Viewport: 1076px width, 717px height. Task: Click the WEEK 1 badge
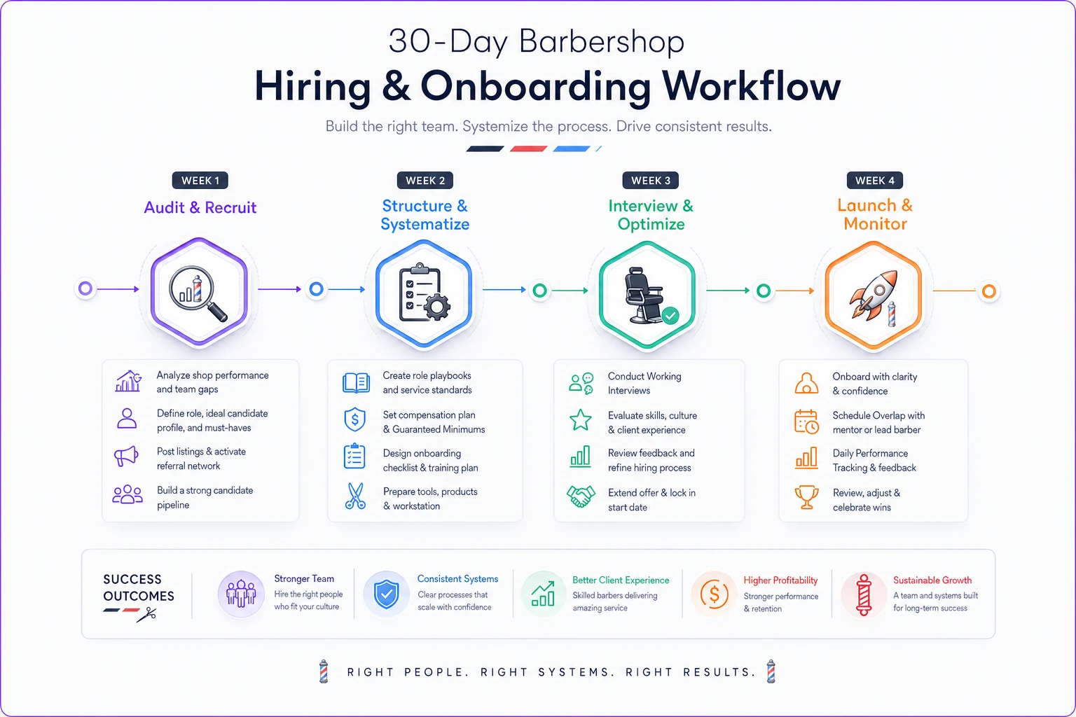(200, 181)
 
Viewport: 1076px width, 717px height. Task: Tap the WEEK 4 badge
(874, 181)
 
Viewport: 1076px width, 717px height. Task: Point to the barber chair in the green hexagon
(645, 295)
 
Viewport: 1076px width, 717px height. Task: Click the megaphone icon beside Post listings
(126, 456)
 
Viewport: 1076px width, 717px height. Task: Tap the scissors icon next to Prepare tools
(355, 496)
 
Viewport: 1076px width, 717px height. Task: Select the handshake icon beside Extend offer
(581, 496)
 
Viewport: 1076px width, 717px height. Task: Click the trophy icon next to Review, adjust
(806, 498)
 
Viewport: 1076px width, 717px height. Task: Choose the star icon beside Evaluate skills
(580, 419)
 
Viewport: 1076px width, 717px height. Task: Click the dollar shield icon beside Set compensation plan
(355, 419)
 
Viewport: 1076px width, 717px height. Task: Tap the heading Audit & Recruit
(200, 207)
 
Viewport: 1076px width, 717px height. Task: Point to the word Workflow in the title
(751, 86)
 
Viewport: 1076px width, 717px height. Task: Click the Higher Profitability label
(780, 580)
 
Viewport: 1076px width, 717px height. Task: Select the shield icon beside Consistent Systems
(386, 594)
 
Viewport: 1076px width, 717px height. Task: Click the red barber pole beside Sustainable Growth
(863, 594)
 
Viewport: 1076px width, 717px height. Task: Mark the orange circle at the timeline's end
(989, 291)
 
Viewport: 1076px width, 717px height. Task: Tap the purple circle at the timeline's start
(85, 288)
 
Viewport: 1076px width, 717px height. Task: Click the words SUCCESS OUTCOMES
(138, 587)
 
